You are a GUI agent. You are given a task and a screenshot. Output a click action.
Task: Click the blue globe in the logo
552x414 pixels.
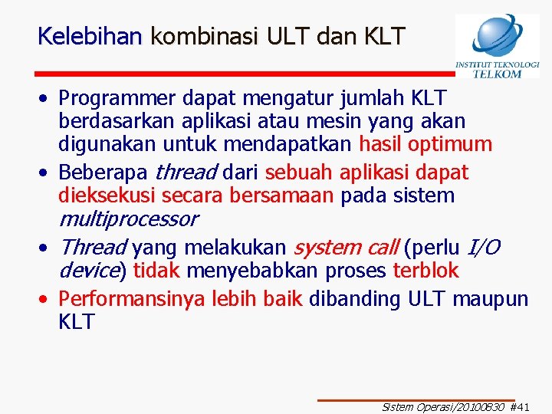click(498, 35)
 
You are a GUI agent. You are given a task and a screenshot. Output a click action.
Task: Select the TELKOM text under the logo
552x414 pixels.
click(497, 74)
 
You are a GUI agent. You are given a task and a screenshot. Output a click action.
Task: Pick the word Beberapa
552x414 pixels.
click(104, 172)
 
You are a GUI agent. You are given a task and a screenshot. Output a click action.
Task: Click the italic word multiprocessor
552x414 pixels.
click(128, 219)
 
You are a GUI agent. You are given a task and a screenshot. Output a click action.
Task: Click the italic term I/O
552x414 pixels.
click(484, 248)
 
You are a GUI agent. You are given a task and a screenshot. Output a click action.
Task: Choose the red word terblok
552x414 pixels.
click(426, 271)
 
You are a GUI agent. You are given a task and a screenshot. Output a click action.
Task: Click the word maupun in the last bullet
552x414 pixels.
click(490, 299)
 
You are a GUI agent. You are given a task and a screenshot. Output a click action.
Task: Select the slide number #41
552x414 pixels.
click(519, 407)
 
